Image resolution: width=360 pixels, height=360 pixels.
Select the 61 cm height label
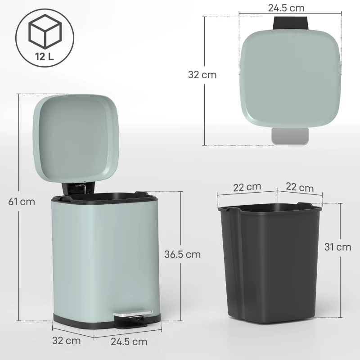point(22,202)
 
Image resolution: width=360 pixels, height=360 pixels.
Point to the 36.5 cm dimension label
point(182,254)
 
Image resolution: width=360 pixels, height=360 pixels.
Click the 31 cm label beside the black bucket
point(337,247)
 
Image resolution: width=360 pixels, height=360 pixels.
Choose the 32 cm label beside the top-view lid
point(202,75)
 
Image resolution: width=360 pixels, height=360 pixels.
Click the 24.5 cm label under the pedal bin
point(129,342)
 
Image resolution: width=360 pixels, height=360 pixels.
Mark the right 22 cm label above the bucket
point(300,187)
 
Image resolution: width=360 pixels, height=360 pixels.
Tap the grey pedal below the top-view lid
point(290,136)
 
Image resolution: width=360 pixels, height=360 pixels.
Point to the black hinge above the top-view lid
point(290,22)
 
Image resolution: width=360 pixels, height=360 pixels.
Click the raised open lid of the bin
point(76,135)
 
